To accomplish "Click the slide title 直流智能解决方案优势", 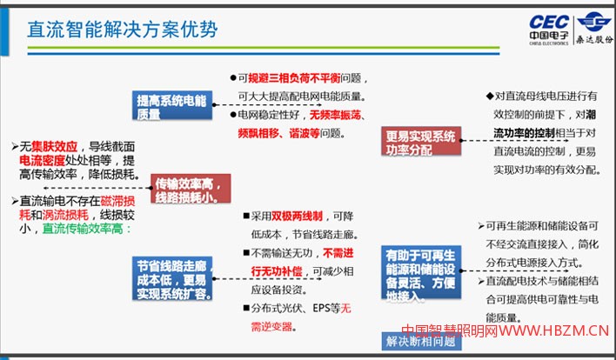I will tap(122, 29).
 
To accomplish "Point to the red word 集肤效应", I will tap(55, 146).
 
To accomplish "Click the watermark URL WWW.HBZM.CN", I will tap(552, 330).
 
